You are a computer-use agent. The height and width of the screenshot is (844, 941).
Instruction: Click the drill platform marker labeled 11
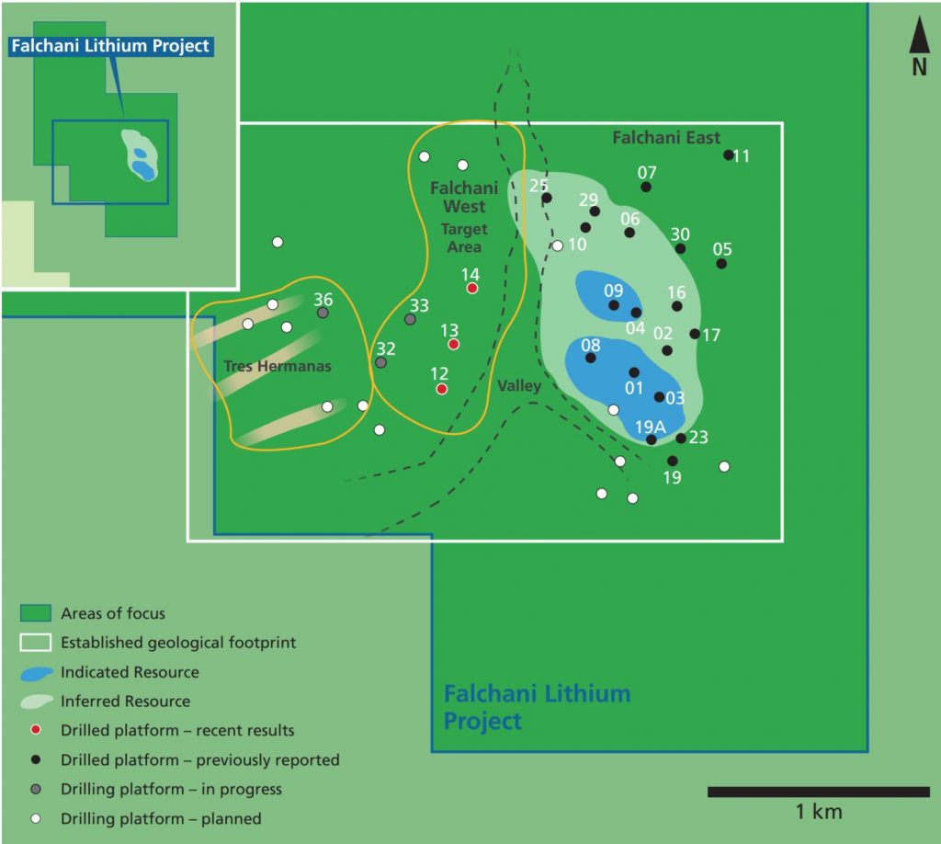[x=729, y=155]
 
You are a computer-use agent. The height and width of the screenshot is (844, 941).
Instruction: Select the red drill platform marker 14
[x=472, y=288]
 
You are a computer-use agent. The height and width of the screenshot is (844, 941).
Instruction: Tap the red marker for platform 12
[x=442, y=389]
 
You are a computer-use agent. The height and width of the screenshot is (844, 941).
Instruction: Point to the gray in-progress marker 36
[x=323, y=313]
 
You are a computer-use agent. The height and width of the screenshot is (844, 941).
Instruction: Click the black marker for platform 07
[x=646, y=187]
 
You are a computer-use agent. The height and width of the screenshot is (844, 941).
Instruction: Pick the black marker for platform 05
[x=721, y=264]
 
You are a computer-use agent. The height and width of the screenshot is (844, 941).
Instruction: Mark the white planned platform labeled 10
[x=557, y=245]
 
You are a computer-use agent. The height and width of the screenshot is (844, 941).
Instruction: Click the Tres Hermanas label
[x=277, y=366]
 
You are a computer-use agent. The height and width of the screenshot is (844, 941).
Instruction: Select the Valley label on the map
[x=519, y=386]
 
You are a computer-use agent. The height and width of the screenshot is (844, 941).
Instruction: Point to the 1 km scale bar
[x=818, y=792]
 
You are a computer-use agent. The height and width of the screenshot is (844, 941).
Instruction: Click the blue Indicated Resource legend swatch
[x=37, y=673]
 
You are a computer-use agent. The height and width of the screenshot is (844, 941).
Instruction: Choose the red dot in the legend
[x=35, y=731]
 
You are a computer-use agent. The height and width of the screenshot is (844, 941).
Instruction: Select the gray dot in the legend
[x=35, y=789]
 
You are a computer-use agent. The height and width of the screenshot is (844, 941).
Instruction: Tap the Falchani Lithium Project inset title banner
[x=111, y=45]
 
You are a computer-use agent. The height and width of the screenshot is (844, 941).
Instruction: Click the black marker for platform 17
[x=695, y=334]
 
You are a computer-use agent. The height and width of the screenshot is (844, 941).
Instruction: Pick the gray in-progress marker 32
[x=381, y=362]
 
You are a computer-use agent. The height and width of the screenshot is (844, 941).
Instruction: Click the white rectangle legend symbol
[x=36, y=643]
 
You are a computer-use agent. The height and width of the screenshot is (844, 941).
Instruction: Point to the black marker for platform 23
[x=681, y=439]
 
